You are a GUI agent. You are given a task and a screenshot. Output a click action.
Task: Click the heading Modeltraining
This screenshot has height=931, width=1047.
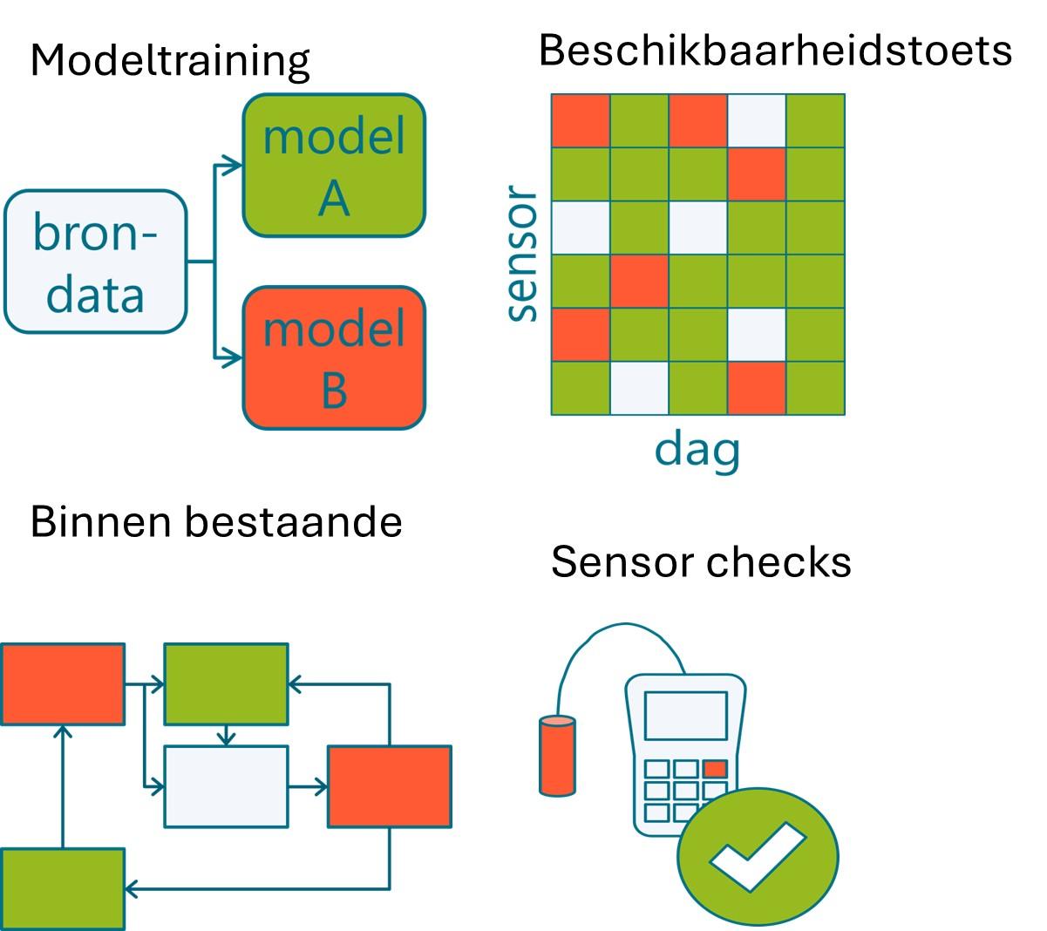(x=170, y=61)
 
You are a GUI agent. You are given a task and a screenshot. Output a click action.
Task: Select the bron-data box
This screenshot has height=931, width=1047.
(x=96, y=262)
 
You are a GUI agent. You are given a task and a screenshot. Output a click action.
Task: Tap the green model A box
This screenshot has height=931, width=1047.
(x=334, y=166)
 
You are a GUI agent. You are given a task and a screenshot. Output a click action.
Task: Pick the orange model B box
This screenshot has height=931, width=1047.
(x=334, y=358)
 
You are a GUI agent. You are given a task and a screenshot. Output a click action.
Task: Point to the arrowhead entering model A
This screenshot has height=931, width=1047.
(x=233, y=165)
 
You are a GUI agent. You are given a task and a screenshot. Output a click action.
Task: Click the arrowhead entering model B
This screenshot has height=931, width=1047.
(x=233, y=357)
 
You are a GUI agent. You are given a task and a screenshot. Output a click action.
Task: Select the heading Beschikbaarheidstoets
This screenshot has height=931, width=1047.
(x=775, y=51)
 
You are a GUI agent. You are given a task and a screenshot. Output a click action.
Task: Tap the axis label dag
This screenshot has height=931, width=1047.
(x=697, y=450)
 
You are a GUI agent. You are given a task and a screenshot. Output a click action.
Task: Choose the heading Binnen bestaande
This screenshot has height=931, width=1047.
(x=216, y=522)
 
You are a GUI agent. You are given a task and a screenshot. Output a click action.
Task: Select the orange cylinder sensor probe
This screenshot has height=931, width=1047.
(x=558, y=755)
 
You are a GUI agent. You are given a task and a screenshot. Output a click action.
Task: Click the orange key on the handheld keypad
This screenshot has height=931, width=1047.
(x=715, y=769)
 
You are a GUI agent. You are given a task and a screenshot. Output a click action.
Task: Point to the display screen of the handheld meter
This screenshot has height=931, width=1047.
(x=685, y=716)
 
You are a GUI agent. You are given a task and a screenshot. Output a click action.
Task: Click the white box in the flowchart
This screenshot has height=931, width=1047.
(x=226, y=786)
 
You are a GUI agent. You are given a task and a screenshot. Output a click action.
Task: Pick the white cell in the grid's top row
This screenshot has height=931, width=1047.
(x=757, y=120)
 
